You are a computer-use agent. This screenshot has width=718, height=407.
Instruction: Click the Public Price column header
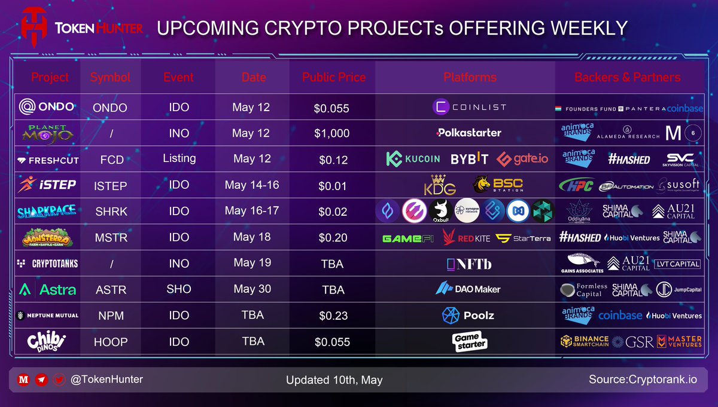point(333,78)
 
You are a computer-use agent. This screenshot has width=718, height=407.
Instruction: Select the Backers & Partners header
point(627,78)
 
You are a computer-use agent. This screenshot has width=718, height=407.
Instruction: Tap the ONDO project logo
point(47,107)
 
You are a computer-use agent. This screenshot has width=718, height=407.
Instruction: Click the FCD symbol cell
point(111,160)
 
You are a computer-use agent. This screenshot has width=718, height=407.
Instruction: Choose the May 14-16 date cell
point(252,185)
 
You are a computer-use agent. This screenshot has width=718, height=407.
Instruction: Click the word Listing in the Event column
point(179,158)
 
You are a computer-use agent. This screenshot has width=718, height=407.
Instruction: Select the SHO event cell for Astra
point(179,289)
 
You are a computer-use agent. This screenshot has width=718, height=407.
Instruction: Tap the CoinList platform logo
point(469,107)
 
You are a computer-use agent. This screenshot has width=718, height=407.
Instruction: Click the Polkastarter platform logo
point(469,133)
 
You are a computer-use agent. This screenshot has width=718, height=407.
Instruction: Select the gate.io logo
point(521,159)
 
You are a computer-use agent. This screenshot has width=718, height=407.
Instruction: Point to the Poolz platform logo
point(468,315)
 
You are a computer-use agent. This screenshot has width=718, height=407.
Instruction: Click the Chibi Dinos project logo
point(47,341)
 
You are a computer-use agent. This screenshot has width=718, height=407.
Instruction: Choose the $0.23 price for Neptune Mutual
point(331,316)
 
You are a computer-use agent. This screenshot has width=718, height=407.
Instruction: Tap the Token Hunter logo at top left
point(81,28)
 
